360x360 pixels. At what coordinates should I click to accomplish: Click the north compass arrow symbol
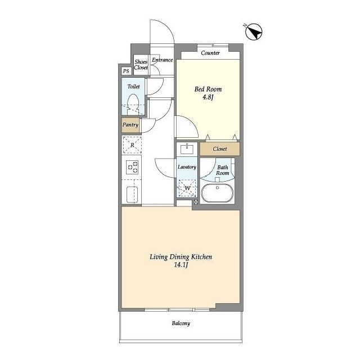pyautogui.click(x=254, y=32)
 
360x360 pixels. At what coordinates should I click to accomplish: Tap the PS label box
pyautogui.click(x=126, y=71)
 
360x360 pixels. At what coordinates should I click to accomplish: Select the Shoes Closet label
pyautogui.click(x=141, y=65)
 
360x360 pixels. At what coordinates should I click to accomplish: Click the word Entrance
pyautogui.click(x=163, y=60)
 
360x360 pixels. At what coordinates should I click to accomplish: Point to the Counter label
pyautogui.click(x=210, y=53)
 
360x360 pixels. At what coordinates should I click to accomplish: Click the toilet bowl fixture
pyautogui.click(x=133, y=105)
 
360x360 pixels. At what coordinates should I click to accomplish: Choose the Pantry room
pyautogui.click(x=130, y=125)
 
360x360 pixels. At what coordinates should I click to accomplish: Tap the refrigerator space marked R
pyautogui.click(x=132, y=145)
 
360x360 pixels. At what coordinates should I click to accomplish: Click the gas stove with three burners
pyautogui.click(x=133, y=167)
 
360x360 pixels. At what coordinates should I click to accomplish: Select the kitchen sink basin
pyautogui.click(x=132, y=195)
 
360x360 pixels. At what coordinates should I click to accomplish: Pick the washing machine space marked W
pyautogui.click(x=187, y=188)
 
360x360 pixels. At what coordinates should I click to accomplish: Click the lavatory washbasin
pyautogui.click(x=187, y=148)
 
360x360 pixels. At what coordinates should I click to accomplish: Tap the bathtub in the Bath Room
pyautogui.click(x=217, y=193)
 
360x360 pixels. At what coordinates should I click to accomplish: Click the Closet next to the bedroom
pyautogui.click(x=220, y=148)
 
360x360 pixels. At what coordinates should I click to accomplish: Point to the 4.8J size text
pyautogui.click(x=208, y=97)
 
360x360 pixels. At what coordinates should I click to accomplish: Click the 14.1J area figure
pyautogui.click(x=181, y=265)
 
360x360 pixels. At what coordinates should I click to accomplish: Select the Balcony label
pyautogui.click(x=181, y=323)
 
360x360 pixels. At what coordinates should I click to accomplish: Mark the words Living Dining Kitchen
pyautogui.click(x=181, y=257)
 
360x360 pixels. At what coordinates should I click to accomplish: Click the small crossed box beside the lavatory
pyautogui.click(x=196, y=202)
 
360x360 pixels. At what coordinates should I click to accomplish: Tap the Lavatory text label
pyautogui.click(x=187, y=167)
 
